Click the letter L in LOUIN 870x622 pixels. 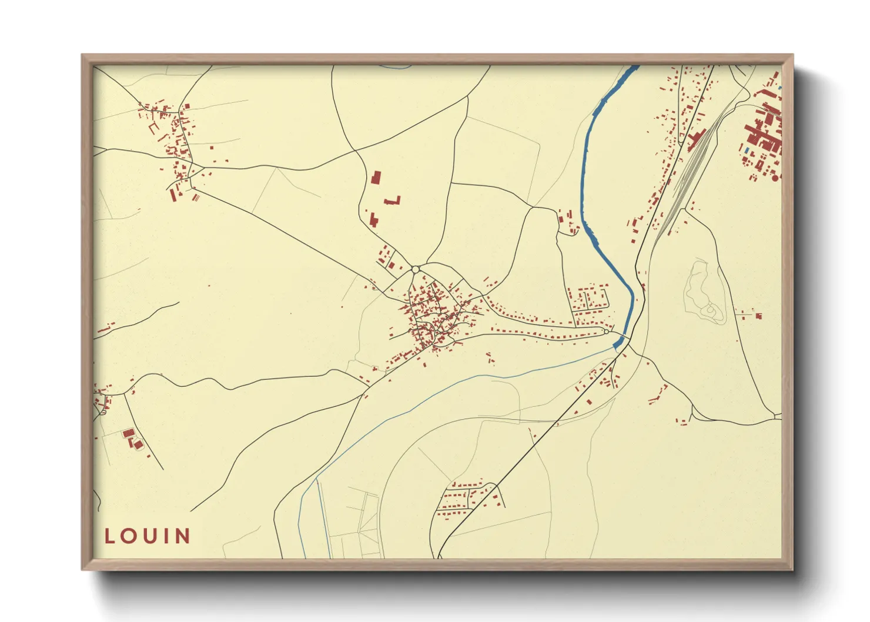[110, 536]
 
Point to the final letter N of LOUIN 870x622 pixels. [183, 536]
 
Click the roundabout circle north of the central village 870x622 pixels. [415, 269]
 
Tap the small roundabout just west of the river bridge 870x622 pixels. [605, 332]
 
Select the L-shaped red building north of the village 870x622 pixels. [393, 201]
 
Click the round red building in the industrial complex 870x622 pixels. [775, 177]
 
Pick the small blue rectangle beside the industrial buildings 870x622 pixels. [747, 151]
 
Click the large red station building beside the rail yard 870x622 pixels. [696, 139]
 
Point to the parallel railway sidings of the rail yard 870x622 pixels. [688, 176]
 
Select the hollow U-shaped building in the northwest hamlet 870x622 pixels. [153, 128]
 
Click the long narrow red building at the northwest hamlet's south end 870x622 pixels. [173, 194]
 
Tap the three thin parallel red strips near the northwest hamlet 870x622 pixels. [196, 197]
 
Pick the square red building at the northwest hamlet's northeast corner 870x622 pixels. [187, 106]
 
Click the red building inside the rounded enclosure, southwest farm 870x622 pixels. [129, 433]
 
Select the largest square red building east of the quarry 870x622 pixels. [759, 316]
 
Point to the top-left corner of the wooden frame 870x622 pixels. [82, 55]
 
